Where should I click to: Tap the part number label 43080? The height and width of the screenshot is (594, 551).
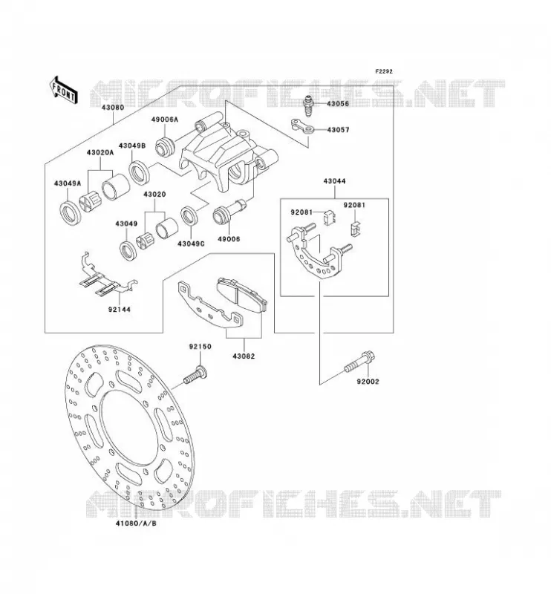pos(113,107)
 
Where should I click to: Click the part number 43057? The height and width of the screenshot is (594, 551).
pos(338,130)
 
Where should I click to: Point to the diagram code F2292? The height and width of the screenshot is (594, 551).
pos(384,71)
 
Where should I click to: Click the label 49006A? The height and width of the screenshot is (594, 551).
pos(164,120)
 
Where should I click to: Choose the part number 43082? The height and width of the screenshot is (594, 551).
pos(244,356)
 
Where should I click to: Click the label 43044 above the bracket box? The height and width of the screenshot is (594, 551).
pos(334,181)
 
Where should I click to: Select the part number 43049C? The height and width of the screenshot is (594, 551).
pos(191,244)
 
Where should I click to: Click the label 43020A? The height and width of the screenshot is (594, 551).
pos(100,152)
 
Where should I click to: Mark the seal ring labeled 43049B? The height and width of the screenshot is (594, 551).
pos(140,173)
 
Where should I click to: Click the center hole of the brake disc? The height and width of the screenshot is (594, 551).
pos(129,429)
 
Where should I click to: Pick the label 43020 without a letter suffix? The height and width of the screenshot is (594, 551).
pos(154,195)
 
